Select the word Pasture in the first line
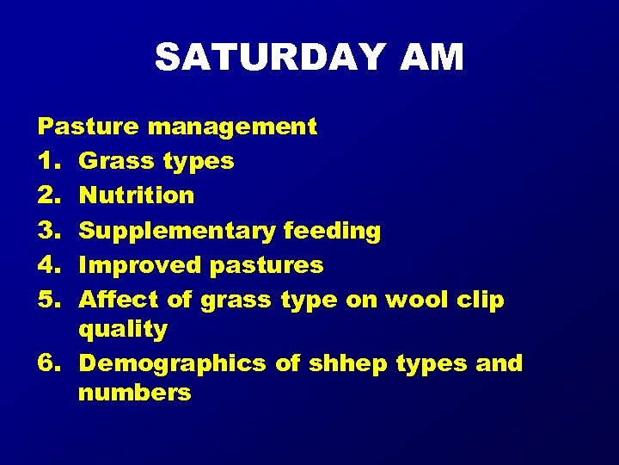click(x=89, y=127)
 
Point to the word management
click(x=232, y=127)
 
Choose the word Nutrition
click(x=137, y=195)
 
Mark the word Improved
click(x=138, y=265)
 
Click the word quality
click(x=122, y=330)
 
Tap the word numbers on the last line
click(x=134, y=394)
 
